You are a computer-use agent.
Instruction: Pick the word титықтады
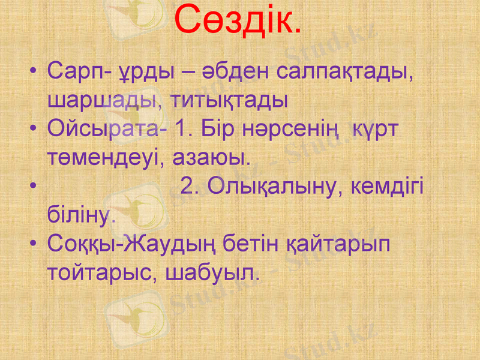[x=230, y=100]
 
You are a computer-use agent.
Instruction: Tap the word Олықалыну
[x=275, y=187]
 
